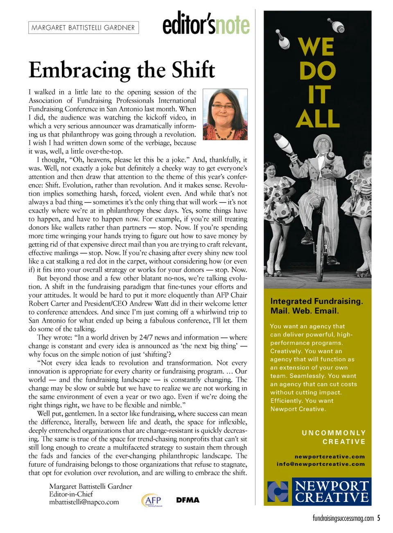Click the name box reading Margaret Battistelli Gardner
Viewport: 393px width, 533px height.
pos(84,27)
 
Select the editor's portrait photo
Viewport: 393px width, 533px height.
pos(225,114)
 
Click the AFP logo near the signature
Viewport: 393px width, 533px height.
pos(152,500)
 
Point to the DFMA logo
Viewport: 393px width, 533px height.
pos(188,500)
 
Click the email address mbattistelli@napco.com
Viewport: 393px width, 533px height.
pos(84,502)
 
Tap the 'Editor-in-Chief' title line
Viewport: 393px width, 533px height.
pos(71,494)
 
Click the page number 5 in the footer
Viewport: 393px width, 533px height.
pos(379,518)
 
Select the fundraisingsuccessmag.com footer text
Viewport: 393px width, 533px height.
pos(343,518)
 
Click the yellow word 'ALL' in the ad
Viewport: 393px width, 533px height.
pos(318,119)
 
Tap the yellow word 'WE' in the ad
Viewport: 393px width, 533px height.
pos(316,47)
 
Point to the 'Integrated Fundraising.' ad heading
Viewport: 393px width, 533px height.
pos(316,301)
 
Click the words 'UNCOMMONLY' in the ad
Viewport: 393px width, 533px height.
pos(334,433)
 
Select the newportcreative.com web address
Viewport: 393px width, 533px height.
pos(330,456)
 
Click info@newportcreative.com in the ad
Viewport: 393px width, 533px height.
pos(321,464)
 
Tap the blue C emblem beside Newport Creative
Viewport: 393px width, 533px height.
pos(278,491)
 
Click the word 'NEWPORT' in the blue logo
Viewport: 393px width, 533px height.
pos(332,486)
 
